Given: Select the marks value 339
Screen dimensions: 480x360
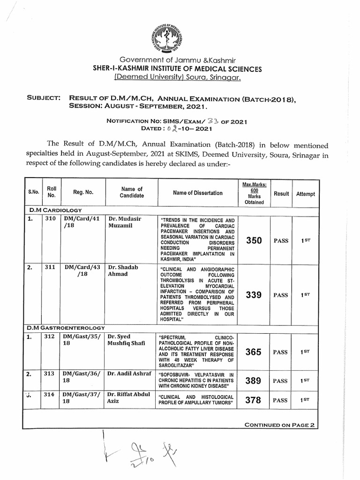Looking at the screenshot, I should [x=253, y=295].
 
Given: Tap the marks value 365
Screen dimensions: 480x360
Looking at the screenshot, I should [x=253, y=352].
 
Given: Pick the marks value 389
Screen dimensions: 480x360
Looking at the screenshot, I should [x=253, y=381].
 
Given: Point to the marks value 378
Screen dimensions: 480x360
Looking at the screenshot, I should [x=253, y=400].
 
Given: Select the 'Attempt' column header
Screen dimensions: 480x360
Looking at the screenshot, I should [x=306, y=194].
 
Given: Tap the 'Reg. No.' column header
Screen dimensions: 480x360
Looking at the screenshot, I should [x=83, y=192].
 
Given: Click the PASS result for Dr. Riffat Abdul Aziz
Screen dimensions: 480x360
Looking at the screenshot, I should [x=280, y=400].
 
